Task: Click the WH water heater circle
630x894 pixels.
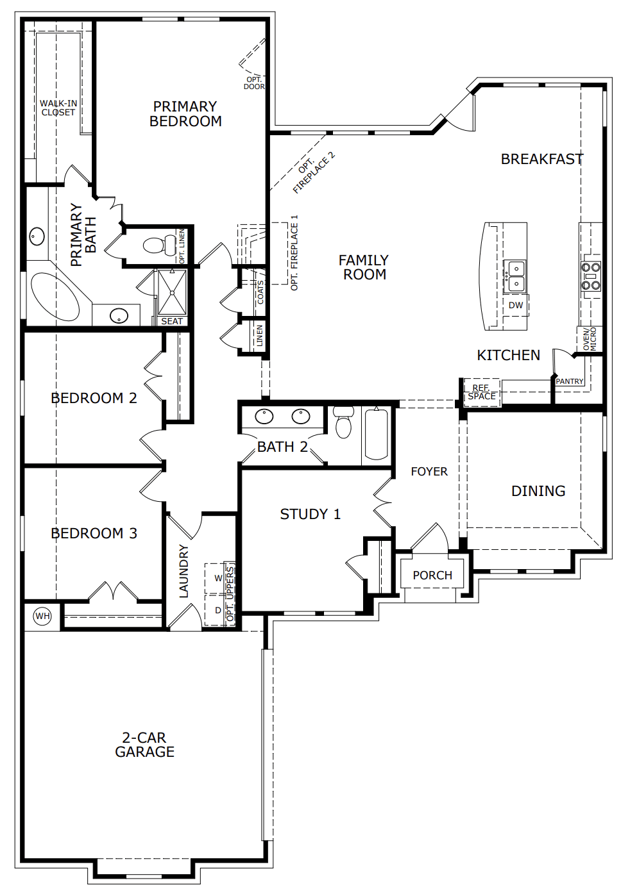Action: (x=42, y=616)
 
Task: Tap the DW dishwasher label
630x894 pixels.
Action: (x=515, y=305)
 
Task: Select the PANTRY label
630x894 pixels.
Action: (x=569, y=381)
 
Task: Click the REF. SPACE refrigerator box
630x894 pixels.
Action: (x=482, y=392)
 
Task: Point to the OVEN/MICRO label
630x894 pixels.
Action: (x=589, y=339)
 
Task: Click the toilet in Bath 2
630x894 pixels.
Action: (x=343, y=422)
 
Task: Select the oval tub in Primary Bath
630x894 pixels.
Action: (x=56, y=295)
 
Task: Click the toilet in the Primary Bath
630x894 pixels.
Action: (x=159, y=245)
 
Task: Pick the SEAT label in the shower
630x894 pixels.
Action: (x=172, y=321)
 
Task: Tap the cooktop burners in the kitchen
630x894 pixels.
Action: (x=591, y=276)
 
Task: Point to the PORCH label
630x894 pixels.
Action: (x=432, y=575)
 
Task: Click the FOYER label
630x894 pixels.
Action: (x=429, y=471)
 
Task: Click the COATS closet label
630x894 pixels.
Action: (x=260, y=292)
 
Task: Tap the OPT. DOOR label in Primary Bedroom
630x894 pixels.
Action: (x=254, y=83)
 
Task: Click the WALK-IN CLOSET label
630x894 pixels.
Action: (x=58, y=108)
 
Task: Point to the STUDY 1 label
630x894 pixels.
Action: (x=310, y=514)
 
